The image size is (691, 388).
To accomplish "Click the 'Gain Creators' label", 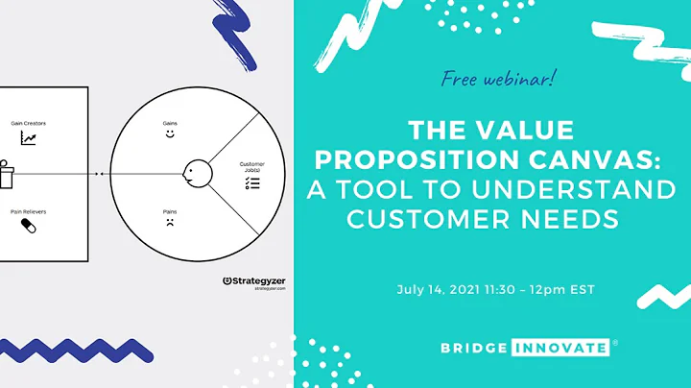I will click(29, 124).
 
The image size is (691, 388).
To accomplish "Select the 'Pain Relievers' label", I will click(29, 209).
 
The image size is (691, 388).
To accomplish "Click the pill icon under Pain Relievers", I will click(28, 227).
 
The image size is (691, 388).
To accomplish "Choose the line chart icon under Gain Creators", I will click(28, 140).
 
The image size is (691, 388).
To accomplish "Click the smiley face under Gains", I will click(170, 136).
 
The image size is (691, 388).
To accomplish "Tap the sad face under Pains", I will click(170, 224).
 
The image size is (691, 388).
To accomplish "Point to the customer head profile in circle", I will click(196, 174).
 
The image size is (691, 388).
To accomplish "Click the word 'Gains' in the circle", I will click(170, 123).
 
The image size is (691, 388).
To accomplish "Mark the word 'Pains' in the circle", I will click(170, 209).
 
